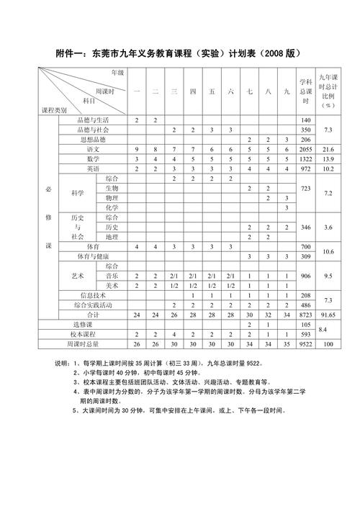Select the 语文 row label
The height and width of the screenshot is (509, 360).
(x=94, y=148)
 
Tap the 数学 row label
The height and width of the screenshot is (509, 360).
(x=94, y=158)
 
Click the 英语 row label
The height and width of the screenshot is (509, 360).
(x=94, y=168)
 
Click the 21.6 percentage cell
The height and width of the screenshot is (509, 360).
(x=329, y=148)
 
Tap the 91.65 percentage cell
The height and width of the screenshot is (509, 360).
(x=329, y=315)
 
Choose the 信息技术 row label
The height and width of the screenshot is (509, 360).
(x=94, y=295)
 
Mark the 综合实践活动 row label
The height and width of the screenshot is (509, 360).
(x=94, y=305)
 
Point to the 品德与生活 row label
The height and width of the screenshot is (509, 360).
(x=94, y=120)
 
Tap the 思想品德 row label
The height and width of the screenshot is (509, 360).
(x=94, y=139)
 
